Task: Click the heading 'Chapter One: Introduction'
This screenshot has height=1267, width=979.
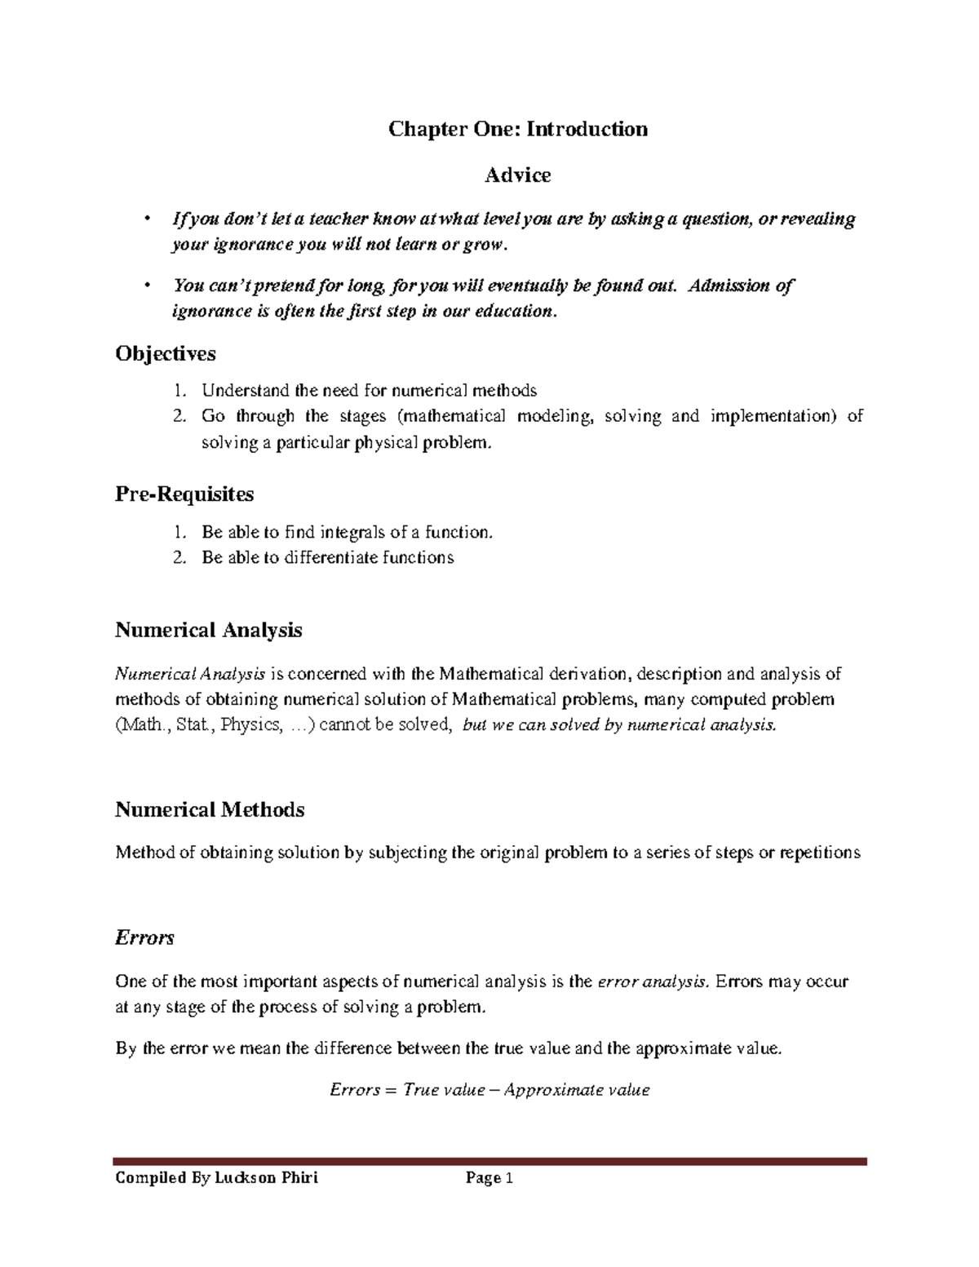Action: (x=517, y=129)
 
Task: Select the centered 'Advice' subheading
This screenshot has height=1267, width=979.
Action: (x=517, y=175)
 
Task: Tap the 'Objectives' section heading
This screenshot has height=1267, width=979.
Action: (x=166, y=353)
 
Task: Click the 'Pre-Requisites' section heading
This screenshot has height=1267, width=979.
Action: (x=184, y=494)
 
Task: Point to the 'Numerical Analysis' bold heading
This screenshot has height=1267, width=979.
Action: (x=209, y=630)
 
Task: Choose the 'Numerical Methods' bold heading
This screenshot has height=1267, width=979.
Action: (x=210, y=809)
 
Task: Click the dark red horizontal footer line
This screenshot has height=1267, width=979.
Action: (x=489, y=1161)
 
